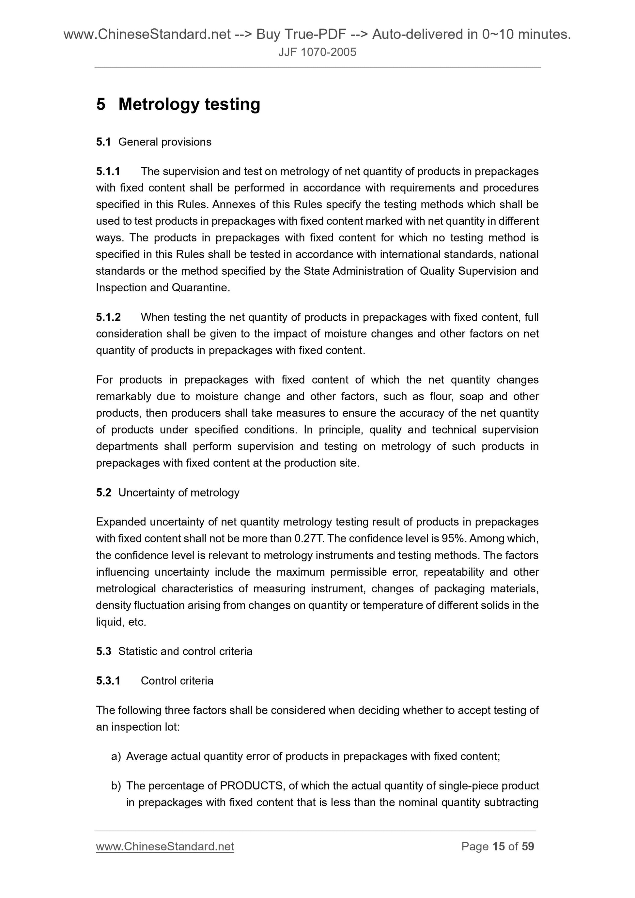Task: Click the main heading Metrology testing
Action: tap(189, 104)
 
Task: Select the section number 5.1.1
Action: tap(108, 171)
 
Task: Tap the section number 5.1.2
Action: tap(108, 317)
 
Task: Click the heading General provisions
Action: tap(165, 142)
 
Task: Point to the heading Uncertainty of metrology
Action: tap(179, 493)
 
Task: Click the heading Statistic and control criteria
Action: tap(185, 651)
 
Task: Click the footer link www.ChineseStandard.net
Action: tap(165, 846)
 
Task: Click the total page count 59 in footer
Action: tap(528, 846)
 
